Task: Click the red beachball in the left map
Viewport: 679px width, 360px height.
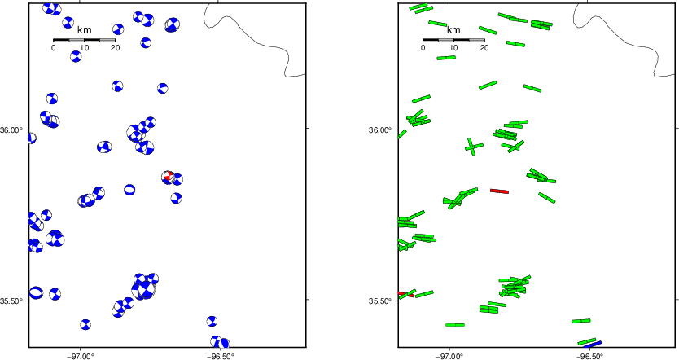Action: point(168,176)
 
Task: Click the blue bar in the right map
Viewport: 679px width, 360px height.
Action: point(593,345)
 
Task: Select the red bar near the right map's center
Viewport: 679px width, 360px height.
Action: point(499,191)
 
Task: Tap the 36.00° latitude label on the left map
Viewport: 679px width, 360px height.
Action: point(14,130)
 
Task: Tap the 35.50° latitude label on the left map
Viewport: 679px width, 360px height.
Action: point(14,301)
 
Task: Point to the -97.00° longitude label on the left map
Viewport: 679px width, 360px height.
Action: point(81,356)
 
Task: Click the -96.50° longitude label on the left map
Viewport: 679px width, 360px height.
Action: point(220,356)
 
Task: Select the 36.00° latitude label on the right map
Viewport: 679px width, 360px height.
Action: point(383,130)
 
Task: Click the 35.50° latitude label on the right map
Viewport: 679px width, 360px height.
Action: point(383,301)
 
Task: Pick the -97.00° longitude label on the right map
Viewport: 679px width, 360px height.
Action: point(450,356)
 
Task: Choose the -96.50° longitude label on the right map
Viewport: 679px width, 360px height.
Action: point(589,356)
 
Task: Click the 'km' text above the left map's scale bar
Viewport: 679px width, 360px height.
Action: point(84,30)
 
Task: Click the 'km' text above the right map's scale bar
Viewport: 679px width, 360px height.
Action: point(453,30)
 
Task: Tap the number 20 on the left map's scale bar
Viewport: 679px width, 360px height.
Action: point(115,48)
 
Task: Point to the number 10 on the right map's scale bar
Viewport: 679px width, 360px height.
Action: point(453,48)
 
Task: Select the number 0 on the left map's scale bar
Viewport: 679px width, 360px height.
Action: point(53,48)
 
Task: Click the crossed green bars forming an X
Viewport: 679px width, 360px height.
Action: point(474,147)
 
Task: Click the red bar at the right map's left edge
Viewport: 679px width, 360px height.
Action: point(405,294)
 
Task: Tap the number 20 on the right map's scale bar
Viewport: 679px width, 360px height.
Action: point(484,48)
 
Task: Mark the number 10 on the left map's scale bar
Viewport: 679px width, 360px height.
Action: point(84,48)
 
